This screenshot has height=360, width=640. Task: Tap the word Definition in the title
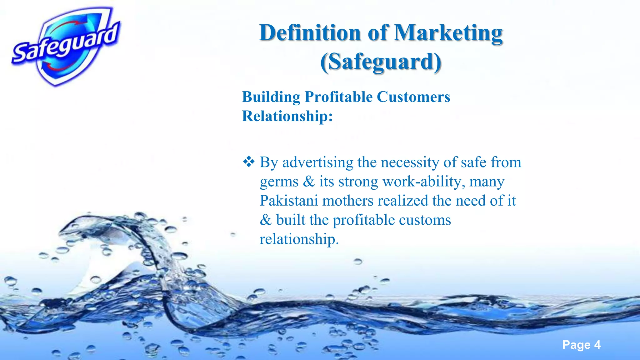pos(310,33)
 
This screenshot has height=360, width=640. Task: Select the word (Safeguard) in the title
pos(381,62)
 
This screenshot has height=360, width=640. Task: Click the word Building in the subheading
pos(271,97)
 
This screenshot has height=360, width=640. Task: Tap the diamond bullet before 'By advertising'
pos(249,162)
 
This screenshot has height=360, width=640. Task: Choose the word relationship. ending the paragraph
pos(299,239)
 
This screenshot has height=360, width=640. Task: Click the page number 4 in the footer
pos(597,345)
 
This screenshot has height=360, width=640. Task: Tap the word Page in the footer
pos(576,345)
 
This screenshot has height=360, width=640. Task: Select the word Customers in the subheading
pos(413,97)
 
